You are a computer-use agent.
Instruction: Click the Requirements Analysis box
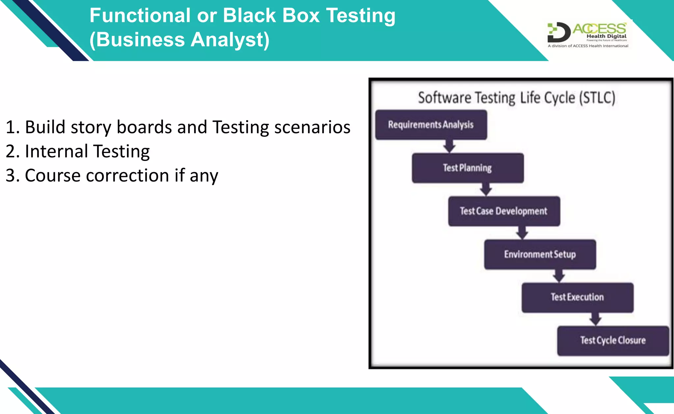(431, 125)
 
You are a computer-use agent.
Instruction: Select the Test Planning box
(467, 168)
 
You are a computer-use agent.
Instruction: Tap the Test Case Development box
(504, 211)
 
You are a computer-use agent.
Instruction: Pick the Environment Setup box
(540, 254)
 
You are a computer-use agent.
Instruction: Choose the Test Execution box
(577, 297)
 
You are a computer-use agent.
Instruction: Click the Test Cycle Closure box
(613, 340)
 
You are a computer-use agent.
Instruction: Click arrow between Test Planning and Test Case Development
(486, 189)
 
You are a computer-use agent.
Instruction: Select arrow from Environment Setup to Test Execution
(558, 276)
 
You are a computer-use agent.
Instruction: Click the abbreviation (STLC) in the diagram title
(597, 98)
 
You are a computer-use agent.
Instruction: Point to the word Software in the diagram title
(444, 98)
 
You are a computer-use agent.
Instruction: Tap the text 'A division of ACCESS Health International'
(588, 46)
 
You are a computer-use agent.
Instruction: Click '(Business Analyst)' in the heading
(179, 40)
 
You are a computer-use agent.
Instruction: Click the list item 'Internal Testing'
(87, 151)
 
